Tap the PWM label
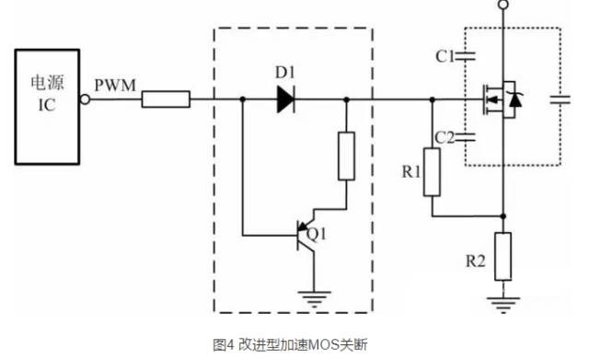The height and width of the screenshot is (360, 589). (x=115, y=86)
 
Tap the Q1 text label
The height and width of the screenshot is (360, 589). (x=316, y=234)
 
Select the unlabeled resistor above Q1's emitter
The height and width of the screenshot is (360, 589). (x=345, y=156)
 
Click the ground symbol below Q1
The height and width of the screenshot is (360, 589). (x=316, y=296)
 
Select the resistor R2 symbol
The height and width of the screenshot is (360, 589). (x=502, y=255)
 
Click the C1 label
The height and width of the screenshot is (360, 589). (x=445, y=57)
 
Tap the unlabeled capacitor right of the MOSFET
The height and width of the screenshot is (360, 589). (x=559, y=99)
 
